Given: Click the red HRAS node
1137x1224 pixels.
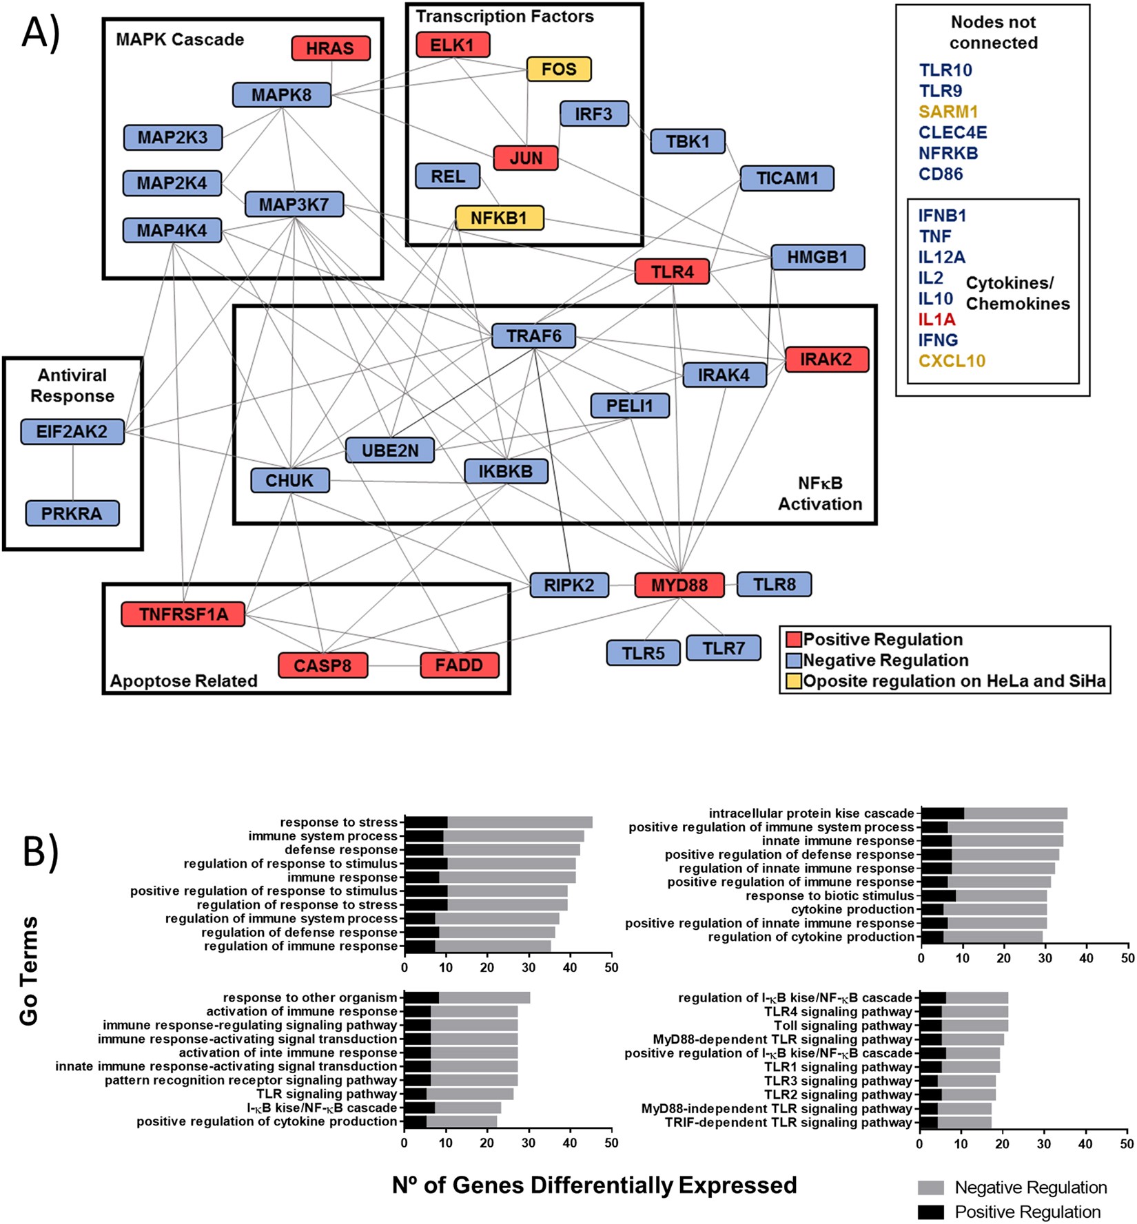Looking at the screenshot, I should pos(331,48).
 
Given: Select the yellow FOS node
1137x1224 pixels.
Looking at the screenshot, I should pos(559,69).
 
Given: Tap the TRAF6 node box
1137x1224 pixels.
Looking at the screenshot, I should pos(534,336).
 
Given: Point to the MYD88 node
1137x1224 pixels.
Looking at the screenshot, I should pos(679,585).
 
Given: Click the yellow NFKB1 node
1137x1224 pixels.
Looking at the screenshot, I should pos(499,218).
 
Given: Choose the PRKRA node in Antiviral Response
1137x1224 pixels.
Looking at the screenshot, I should pos(72,513).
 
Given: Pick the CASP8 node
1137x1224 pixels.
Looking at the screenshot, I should pos(322,665).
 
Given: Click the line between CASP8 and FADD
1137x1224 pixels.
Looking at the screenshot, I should pos(393,665).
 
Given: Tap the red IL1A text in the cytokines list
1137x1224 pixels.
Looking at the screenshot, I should pos(936,319).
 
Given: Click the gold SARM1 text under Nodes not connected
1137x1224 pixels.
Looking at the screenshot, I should pos(948,112).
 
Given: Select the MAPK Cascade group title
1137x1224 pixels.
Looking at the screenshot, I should pos(180,39).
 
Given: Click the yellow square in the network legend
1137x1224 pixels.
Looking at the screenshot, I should pos(794,681).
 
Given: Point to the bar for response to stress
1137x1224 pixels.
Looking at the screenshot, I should pos(498,822).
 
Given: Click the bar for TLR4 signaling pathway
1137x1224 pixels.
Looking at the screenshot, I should pos(964,1011).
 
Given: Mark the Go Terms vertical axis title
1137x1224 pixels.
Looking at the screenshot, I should pos(29,971).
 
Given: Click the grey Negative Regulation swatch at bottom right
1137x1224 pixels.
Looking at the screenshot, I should pos(930,1187).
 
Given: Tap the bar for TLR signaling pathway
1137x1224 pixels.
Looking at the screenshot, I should pos(458,1094).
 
